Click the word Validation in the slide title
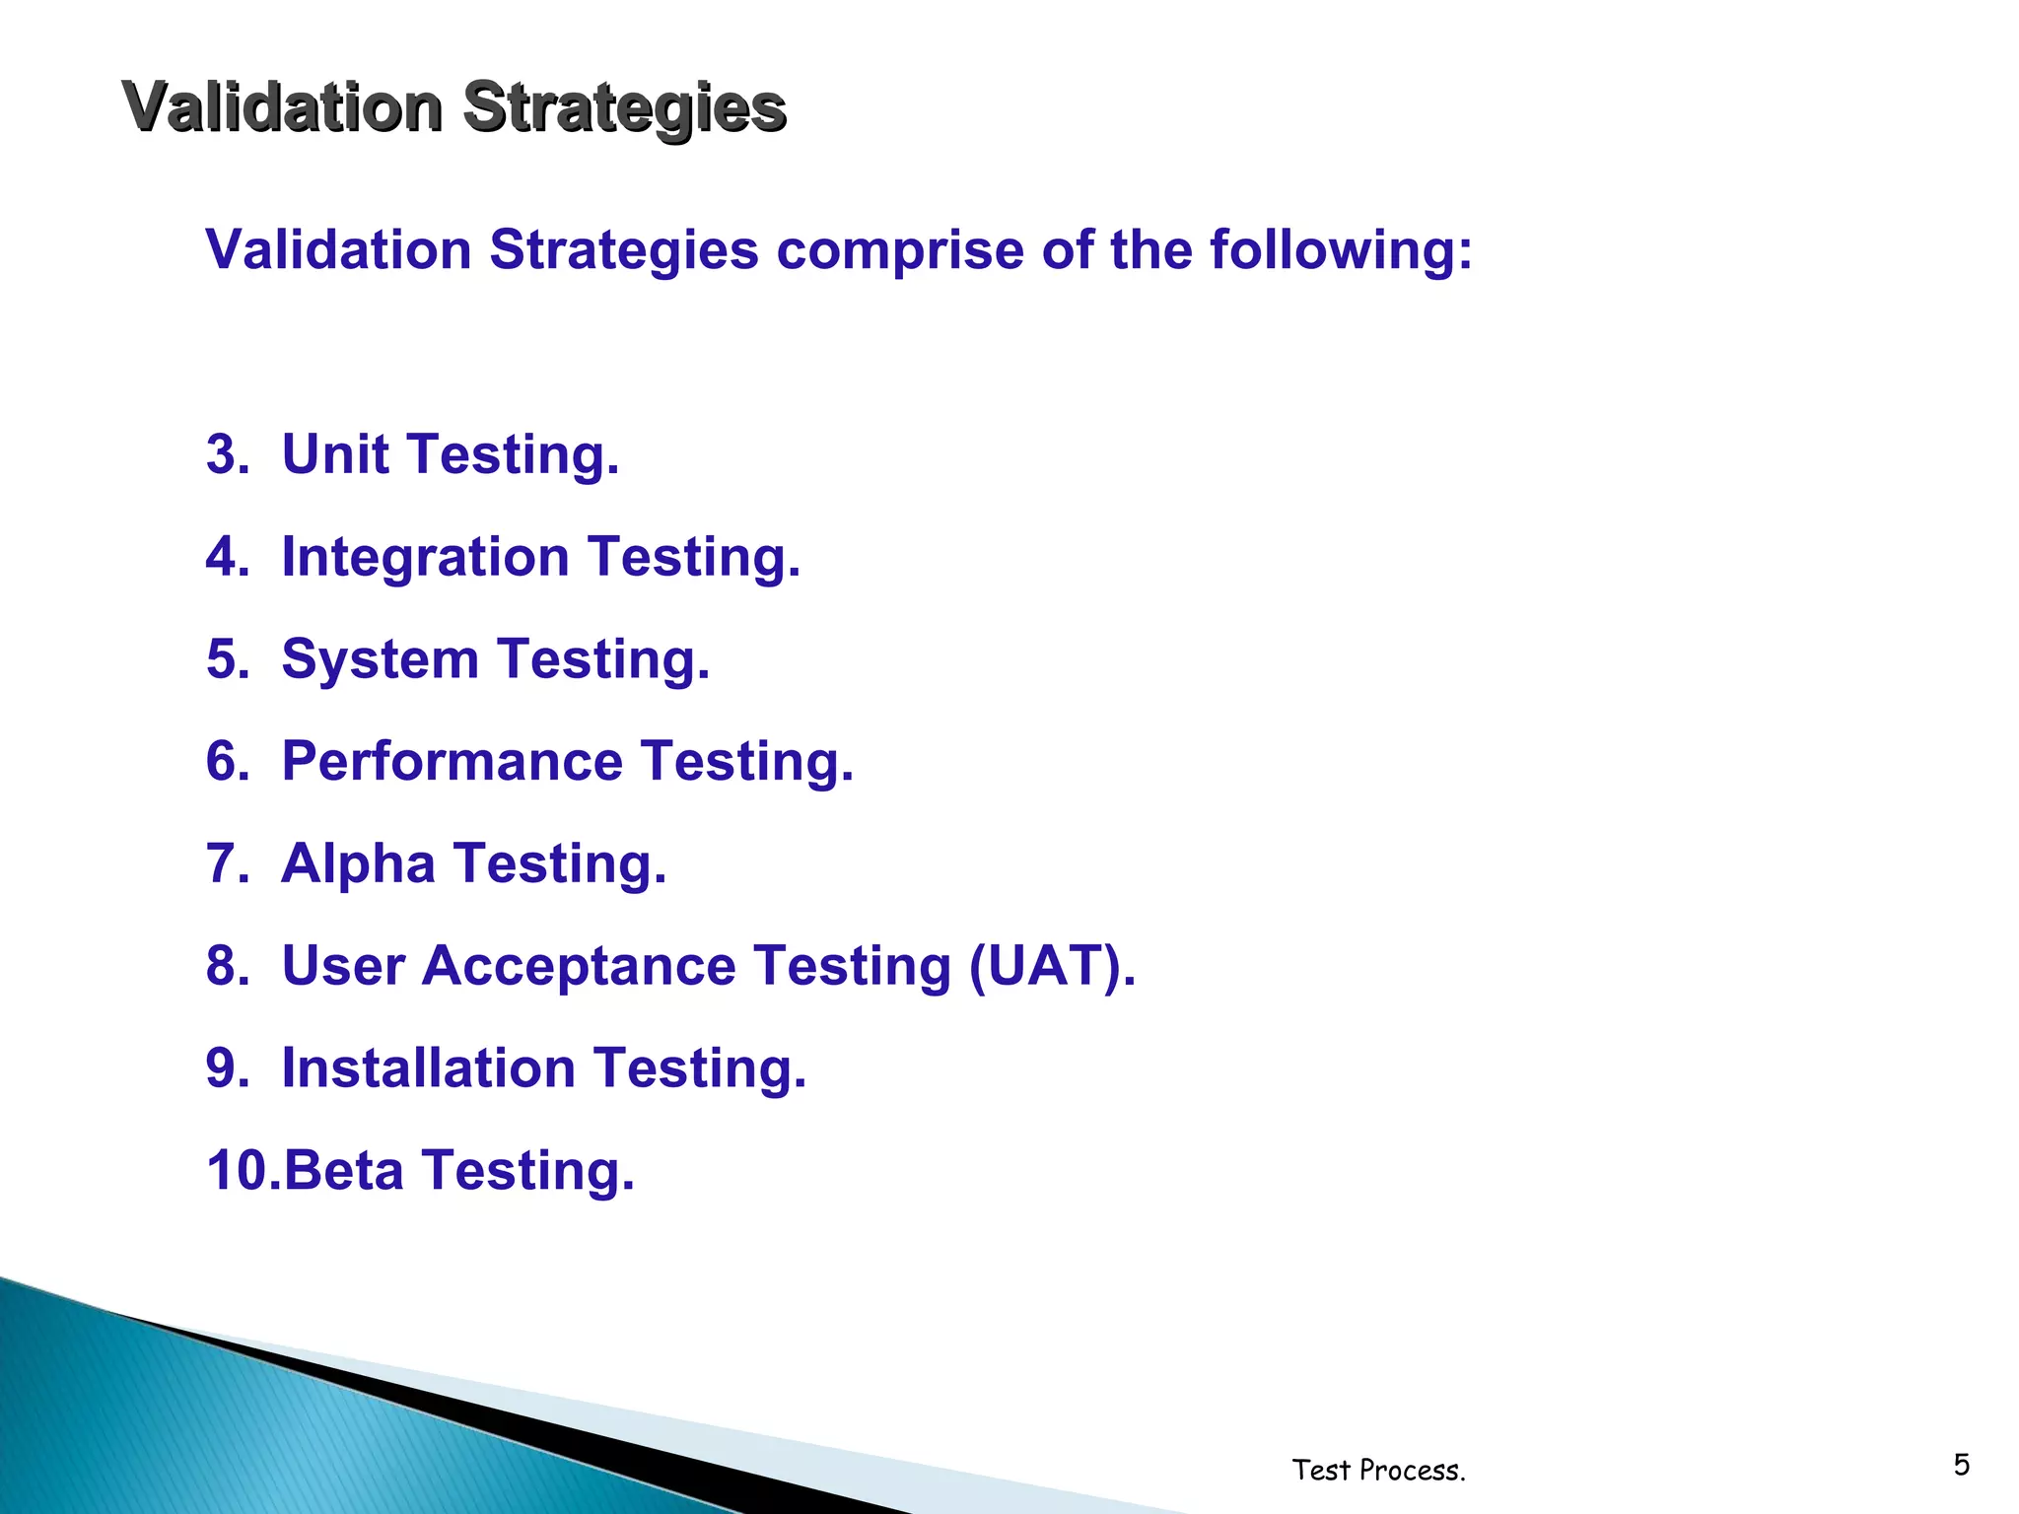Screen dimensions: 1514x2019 pyautogui.click(x=282, y=106)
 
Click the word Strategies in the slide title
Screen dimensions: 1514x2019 pyautogui.click(x=623, y=106)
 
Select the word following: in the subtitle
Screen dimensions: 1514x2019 pyautogui.click(x=1341, y=250)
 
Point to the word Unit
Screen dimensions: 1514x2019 pyautogui.click(x=336, y=455)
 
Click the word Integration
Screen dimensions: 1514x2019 pyautogui.click(x=426, y=558)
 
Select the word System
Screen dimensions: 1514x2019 pyautogui.click(x=380, y=659)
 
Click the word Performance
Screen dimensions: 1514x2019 pyautogui.click(x=452, y=762)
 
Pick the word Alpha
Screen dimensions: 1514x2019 pyautogui.click(x=358, y=864)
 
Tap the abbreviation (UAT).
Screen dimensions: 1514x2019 pyautogui.click(x=1052, y=966)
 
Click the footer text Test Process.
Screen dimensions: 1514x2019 pyautogui.click(x=1378, y=1471)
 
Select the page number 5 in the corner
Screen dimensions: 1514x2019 pyautogui.click(x=1961, y=1465)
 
